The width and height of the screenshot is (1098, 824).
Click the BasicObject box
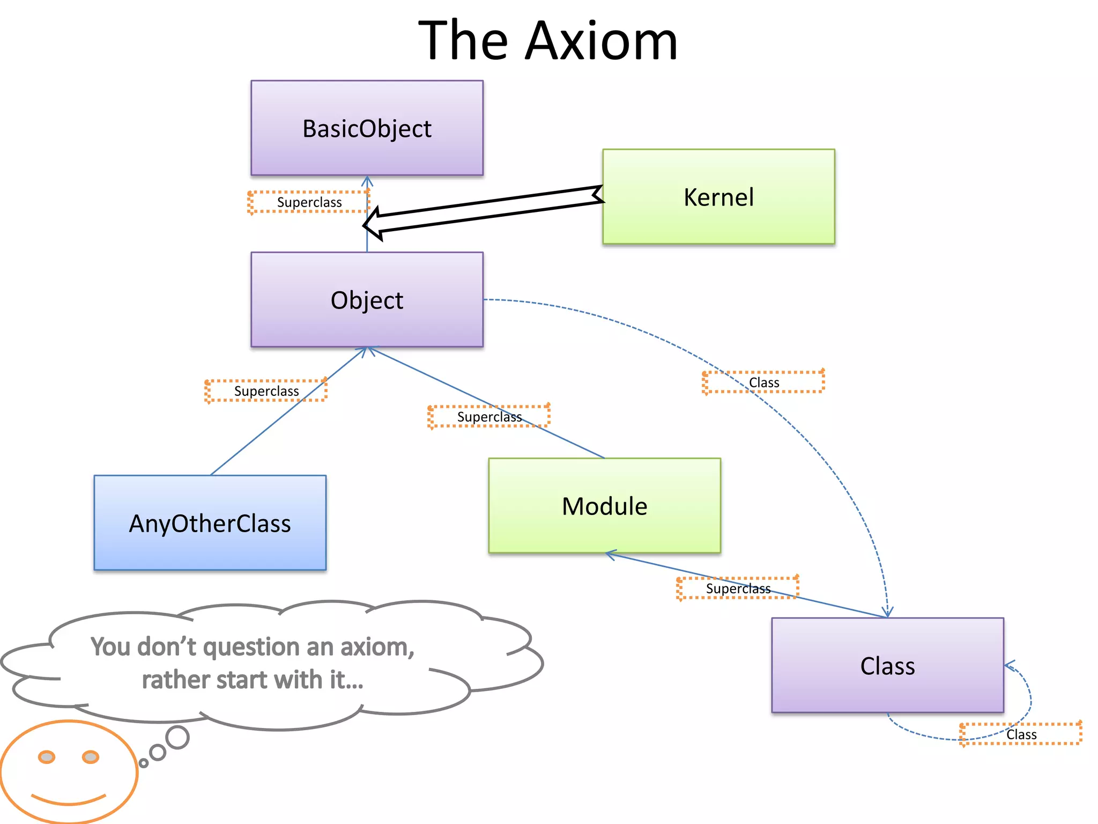coord(367,128)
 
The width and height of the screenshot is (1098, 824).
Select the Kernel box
coord(718,196)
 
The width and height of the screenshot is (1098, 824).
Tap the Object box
coord(367,299)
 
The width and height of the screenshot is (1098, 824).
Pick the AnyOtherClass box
coord(210,523)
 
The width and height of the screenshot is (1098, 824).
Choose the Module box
coord(604,505)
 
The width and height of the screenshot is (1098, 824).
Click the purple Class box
coord(887,665)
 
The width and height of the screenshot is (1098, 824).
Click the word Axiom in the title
coord(600,41)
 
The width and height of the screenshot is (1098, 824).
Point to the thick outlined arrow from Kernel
coord(483,210)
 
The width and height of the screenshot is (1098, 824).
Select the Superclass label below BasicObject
coord(309,202)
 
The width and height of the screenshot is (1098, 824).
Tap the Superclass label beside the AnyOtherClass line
coord(266,391)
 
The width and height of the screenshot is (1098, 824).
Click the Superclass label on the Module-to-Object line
coord(489,417)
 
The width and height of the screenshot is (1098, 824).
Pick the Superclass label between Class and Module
coord(738,588)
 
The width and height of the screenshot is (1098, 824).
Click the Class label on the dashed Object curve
coord(763,382)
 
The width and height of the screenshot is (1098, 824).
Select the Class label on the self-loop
coord(1021,734)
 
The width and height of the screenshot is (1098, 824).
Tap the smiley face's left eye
coord(47,757)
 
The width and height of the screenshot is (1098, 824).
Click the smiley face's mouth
coord(68,800)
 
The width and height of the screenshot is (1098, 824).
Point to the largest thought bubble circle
coord(177,738)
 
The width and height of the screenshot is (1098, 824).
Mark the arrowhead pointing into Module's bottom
coord(610,554)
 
